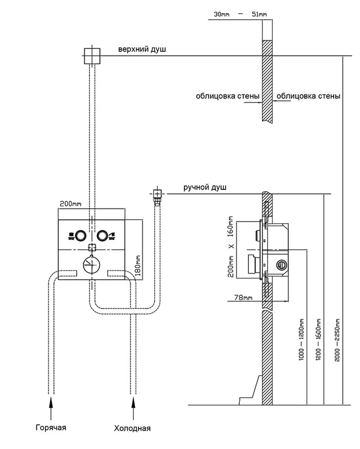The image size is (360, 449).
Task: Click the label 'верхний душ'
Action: coord(142,50)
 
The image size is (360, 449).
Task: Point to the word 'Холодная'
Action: coord(133,429)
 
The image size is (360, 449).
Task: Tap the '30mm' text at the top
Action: coord(221,14)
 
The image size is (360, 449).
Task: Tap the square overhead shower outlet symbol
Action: coord(92,55)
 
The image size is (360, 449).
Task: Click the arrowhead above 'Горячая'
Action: coord(50,402)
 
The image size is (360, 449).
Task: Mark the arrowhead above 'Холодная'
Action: coord(133,402)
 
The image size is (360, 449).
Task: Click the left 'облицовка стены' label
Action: coord(228,96)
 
